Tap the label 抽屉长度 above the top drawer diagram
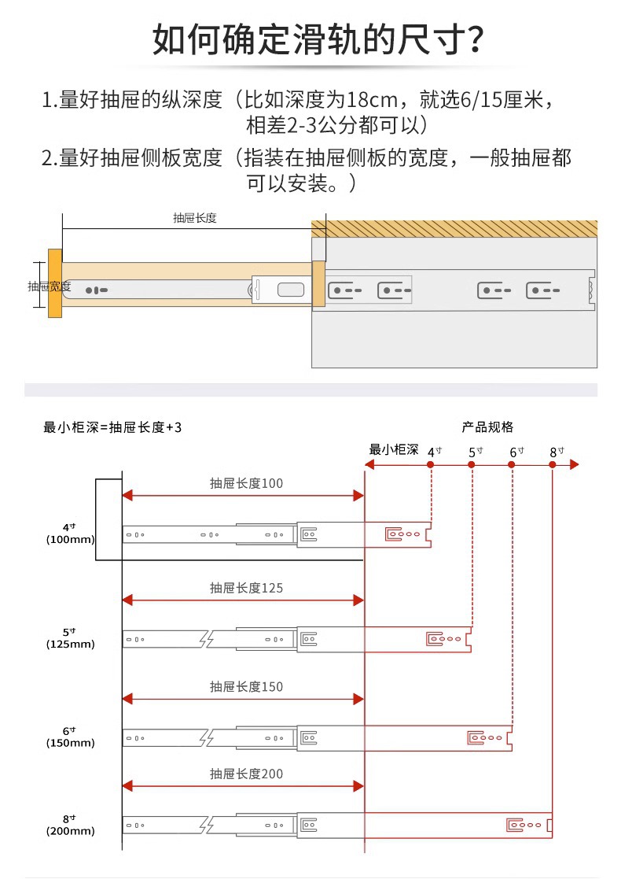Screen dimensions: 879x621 [195, 218]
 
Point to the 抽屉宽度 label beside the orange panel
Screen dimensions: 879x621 [49, 286]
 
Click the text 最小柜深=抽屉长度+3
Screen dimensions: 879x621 [112, 427]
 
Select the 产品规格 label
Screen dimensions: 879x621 [487, 427]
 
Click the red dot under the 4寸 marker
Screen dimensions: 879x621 [431, 465]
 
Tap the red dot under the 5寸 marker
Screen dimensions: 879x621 [472, 465]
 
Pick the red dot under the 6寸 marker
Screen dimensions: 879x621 [512, 465]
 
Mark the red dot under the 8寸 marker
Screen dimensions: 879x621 [553, 465]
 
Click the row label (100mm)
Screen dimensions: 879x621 [70, 540]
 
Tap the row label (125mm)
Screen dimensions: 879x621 [70, 644]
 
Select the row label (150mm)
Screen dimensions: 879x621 [70, 744]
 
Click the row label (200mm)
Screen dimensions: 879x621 [70, 832]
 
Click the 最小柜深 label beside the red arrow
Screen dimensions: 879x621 [394, 450]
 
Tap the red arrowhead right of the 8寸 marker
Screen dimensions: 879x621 [574, 465]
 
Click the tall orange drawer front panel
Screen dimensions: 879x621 [55, 283]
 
